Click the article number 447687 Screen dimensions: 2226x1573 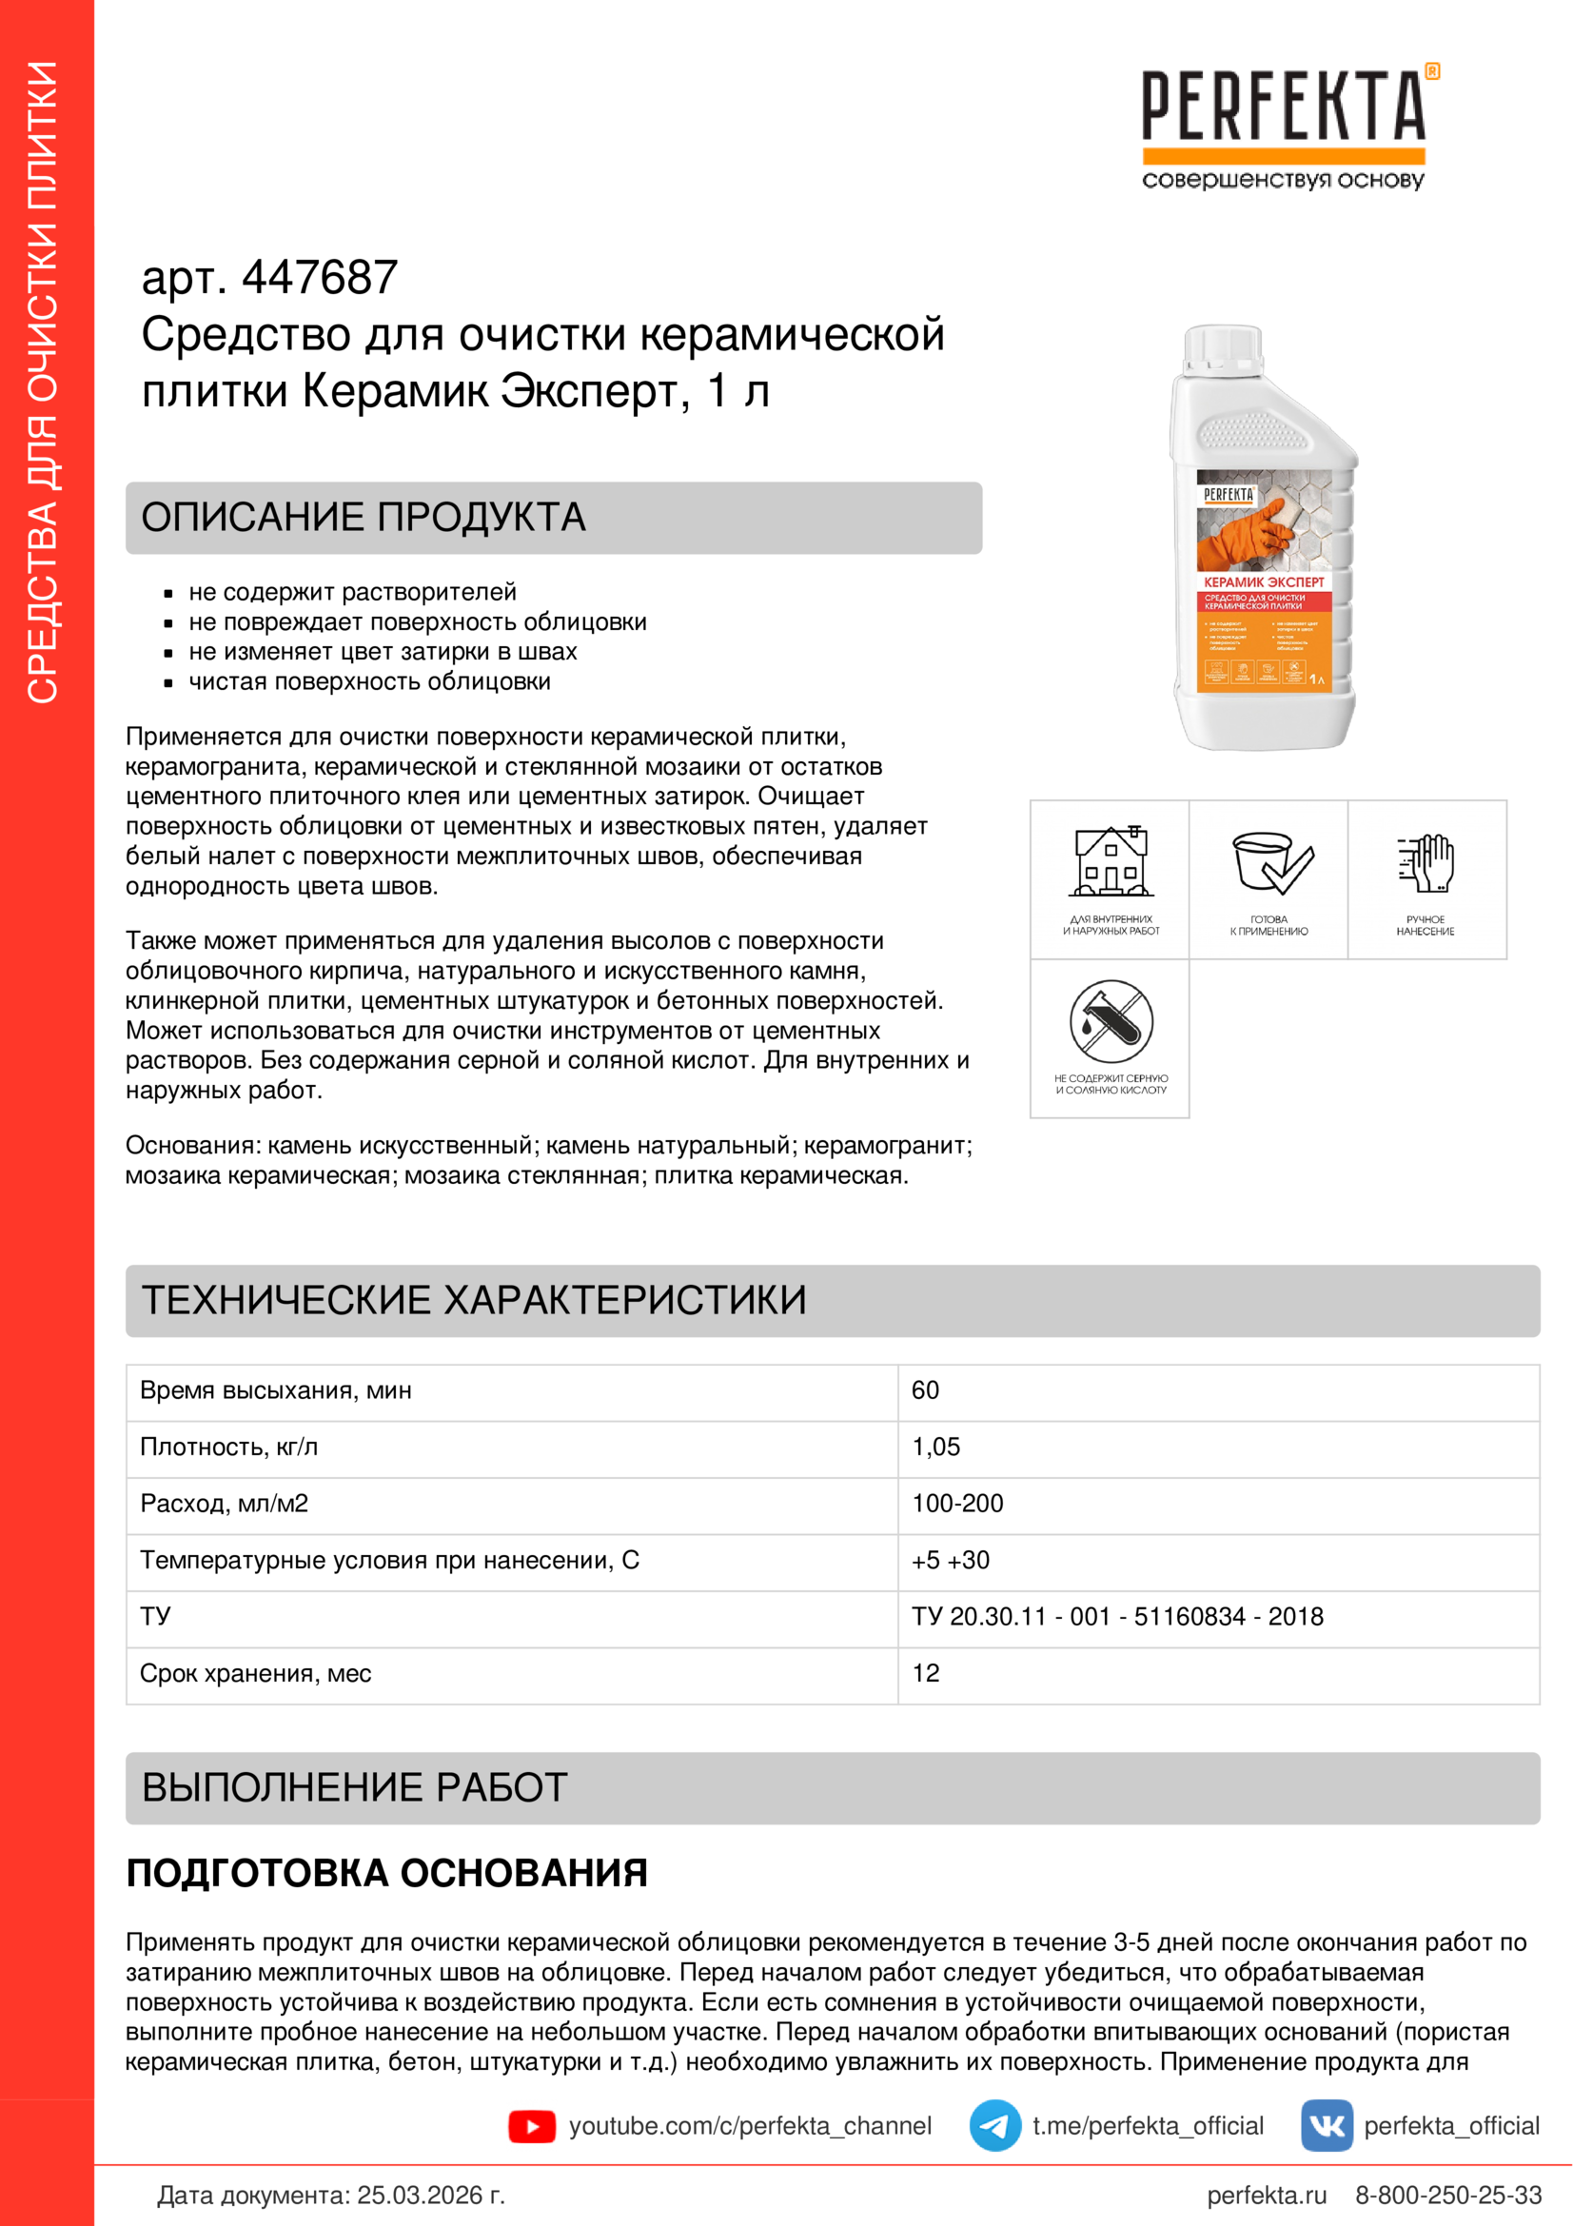319,278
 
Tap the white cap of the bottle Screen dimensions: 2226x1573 1223,345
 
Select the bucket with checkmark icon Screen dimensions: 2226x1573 1269,862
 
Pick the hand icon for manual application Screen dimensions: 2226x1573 1426,862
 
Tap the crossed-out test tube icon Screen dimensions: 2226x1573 1111,1022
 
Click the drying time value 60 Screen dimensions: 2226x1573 926,1390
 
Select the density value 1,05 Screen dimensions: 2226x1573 935,1447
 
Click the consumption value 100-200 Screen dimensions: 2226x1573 957,1504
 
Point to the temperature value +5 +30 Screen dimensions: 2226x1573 950,1560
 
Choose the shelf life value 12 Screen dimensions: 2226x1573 926,1673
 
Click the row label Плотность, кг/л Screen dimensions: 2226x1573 228,1447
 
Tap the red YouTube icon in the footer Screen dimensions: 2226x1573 532,2126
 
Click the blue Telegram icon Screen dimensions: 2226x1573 994,2126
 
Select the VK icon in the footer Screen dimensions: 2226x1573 1326,2126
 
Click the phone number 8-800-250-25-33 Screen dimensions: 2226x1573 1448,2195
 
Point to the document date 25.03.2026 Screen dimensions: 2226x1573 430,2195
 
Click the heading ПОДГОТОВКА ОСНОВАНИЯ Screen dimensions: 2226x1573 386,1873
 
